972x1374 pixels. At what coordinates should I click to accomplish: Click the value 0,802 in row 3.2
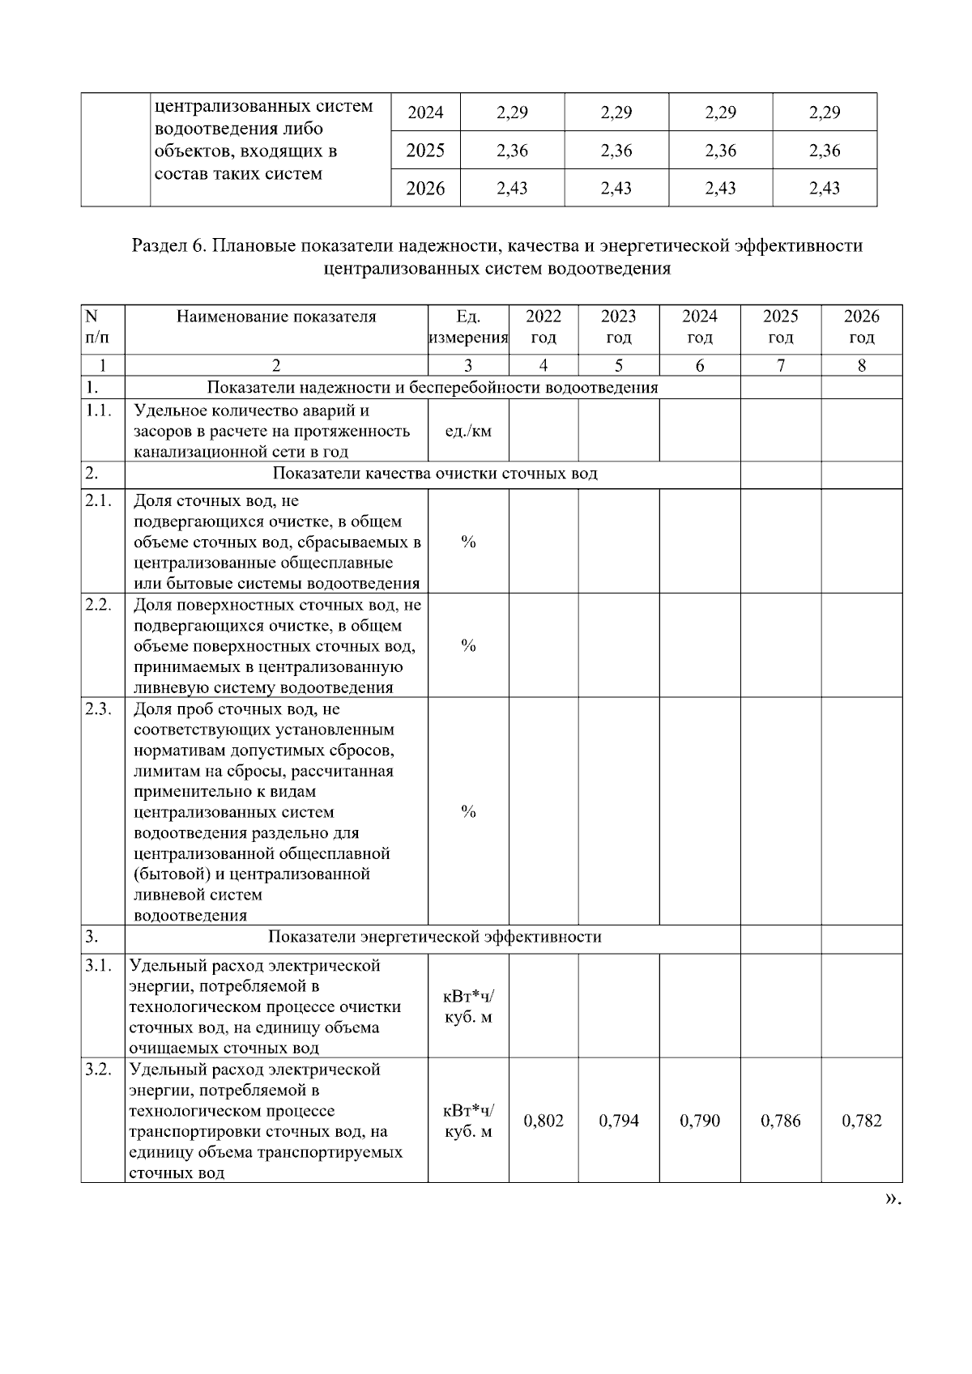(x=544, y=1121)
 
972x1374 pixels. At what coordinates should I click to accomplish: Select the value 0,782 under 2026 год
(x=862, y=1121)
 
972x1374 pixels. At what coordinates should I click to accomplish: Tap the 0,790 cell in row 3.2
(x=700, y=1121)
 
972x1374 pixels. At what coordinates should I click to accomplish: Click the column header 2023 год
(x=618, y=326)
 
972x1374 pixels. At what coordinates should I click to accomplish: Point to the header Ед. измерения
(x=468, y=326)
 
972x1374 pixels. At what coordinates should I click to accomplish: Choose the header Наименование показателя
(x=276, y=317)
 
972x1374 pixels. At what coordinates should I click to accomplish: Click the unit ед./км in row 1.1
(x=468, y=431)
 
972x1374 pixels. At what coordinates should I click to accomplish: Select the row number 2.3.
(x=98, y=708)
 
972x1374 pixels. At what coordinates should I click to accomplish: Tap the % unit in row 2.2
(x=468, y=645)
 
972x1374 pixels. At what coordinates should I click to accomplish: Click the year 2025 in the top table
(x=425, y=150)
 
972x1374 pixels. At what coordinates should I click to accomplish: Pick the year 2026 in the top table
(x=425, y=189)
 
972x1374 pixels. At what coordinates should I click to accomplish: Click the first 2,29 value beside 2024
(x=512, y=113)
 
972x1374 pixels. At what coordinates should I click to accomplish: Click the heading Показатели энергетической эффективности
(x=434, y=937)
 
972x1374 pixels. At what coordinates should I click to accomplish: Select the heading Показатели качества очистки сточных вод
(x=434, y=473)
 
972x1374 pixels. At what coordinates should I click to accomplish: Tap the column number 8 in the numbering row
(x=862, y=365)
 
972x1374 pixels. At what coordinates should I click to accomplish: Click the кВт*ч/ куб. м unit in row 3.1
(x=468, y=1006)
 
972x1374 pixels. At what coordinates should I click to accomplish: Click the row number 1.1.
(x=98, y=410)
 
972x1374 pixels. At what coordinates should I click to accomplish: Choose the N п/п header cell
(x=94, y=326)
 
